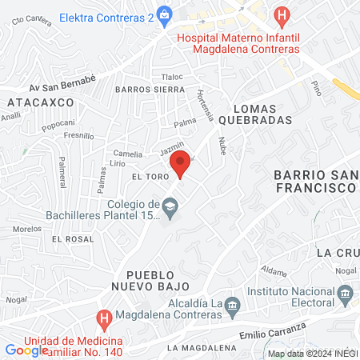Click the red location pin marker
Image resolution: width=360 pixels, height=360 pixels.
pyautogui.click(x=182, y=166)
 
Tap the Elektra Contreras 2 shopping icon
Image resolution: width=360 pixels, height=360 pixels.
pyautogui.click(x=165, y=13)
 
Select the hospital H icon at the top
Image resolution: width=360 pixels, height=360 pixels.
pyautogui.click(x=281, y=14)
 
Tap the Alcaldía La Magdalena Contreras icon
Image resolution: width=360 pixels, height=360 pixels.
pyautogui.click(x=233, y=305)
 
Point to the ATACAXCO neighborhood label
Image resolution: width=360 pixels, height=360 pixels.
pyautogui.click(x=40, y=102)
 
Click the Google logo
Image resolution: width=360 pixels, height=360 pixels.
pyautogui.click(x=26, y=350)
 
